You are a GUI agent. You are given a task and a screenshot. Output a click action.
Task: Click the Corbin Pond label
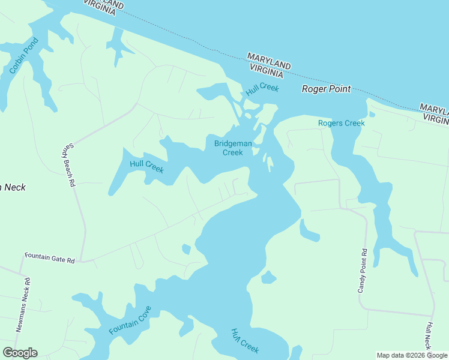[x=23, y=56]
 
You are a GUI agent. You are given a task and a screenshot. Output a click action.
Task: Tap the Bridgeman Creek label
[x=229, y=148]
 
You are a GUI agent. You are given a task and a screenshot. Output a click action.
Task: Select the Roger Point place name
[x=326, y=89]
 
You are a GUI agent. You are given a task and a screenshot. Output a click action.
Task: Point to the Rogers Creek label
[x=341, y=124]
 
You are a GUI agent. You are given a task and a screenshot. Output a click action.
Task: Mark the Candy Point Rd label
[x=362, y=271]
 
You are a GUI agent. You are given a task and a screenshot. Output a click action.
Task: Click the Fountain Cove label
[x=130, y=320]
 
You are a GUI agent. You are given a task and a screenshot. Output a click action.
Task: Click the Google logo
[x=20, y=353]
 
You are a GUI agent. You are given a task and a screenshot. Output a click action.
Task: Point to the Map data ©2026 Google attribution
[x=412, y=355]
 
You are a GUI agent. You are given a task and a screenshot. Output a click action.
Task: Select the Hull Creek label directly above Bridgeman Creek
[x=262, y=89]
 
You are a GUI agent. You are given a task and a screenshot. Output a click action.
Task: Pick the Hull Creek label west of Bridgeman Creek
[x=147, y=166]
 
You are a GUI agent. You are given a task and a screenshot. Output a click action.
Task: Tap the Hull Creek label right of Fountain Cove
[x=246, y=340]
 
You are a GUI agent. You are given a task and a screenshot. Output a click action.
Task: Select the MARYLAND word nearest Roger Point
[x=268, y=61]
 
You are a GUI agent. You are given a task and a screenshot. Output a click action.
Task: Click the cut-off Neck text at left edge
[x=13, y=187]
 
